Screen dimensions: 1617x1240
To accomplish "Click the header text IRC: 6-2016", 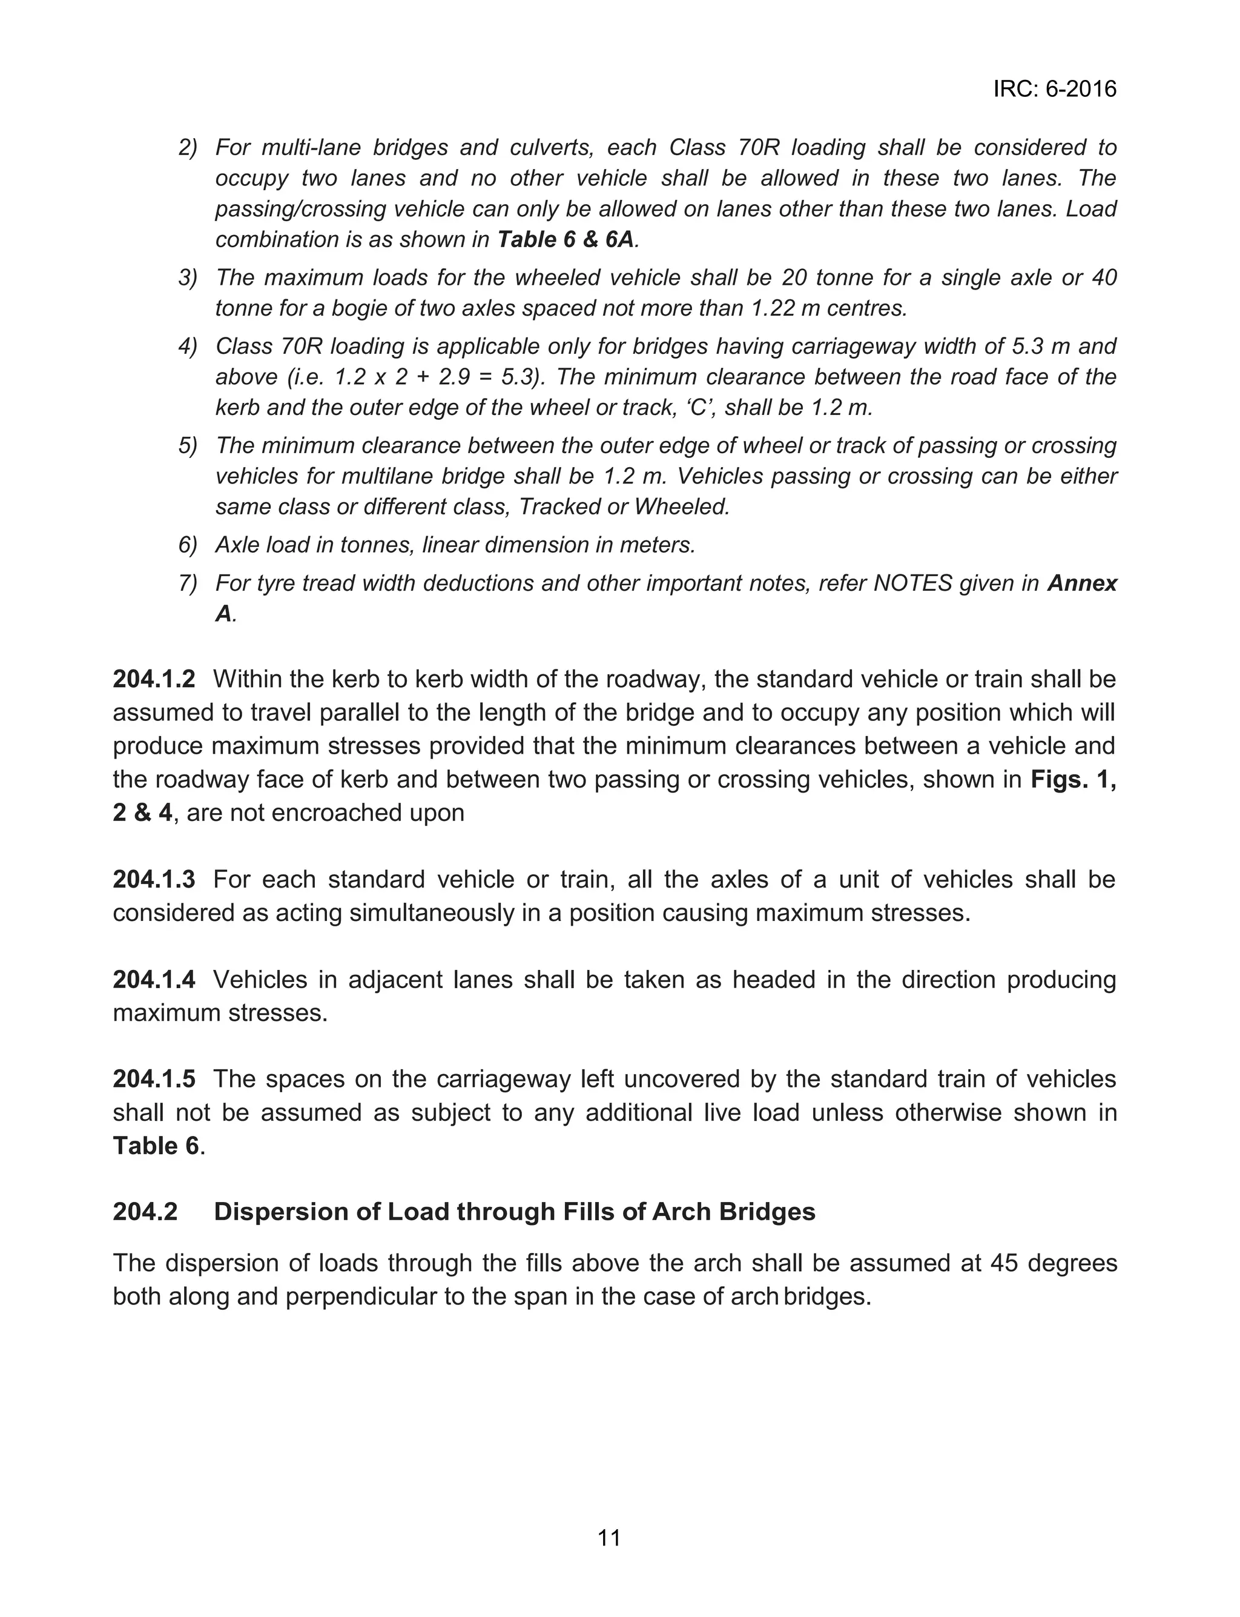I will (x=1054, y=89).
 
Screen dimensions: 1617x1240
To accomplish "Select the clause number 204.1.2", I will (x=154, y=679).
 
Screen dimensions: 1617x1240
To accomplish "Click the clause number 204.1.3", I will (x=154, y=879).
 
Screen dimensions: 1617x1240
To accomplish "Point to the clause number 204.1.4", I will (x=154, y=979).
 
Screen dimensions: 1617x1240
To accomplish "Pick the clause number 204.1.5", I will (x=154, y=1079).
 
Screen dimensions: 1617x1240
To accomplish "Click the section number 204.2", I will (x=145, y=1212).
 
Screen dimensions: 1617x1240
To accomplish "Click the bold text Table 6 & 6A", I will (x=566, y=240).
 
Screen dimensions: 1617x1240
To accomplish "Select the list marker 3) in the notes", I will (x=188, y=277).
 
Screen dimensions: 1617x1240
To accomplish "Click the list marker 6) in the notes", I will (x=188, y=545).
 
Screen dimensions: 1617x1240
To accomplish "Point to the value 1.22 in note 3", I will (x=772, y=308).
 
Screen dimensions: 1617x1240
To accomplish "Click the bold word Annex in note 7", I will (x=1082, y=583).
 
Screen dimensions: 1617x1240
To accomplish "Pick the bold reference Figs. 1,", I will (x=1073, y=780).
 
